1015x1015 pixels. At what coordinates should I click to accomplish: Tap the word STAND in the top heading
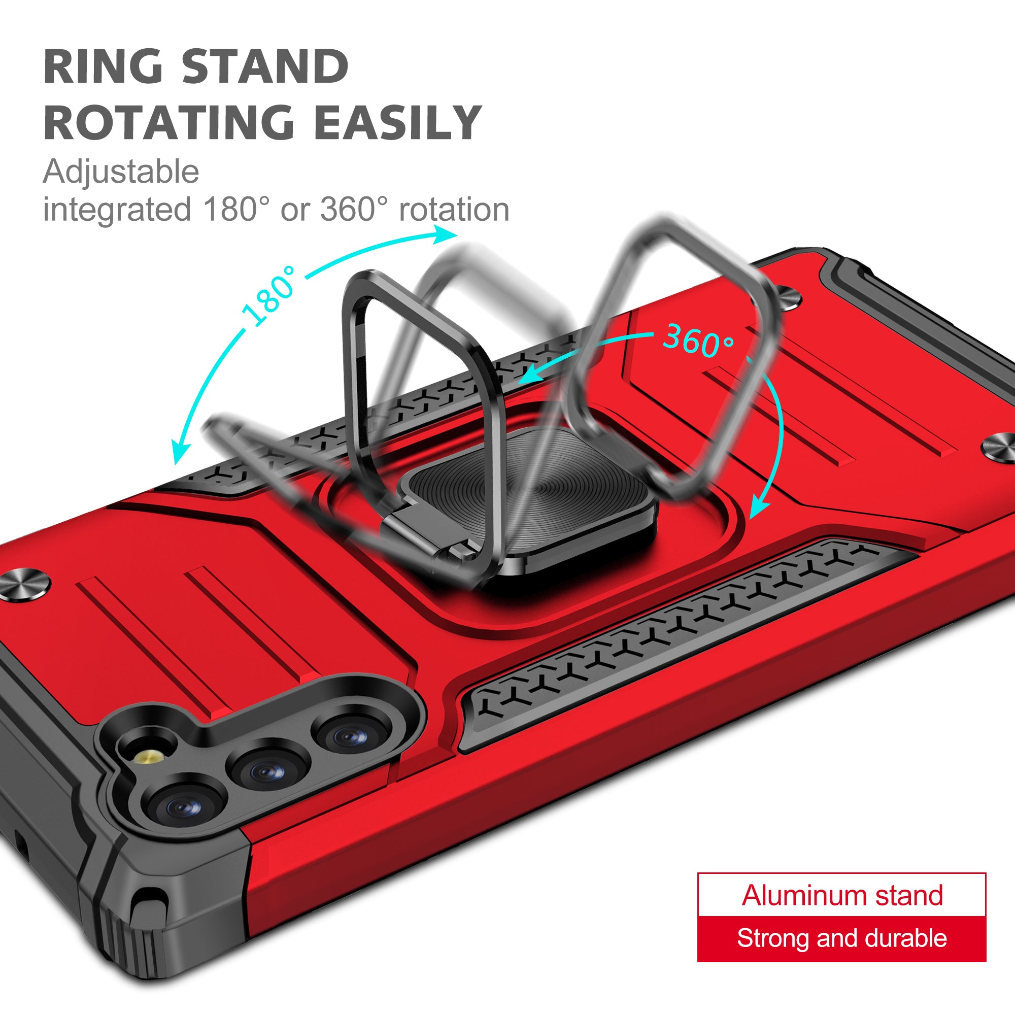click(x=265, y=66)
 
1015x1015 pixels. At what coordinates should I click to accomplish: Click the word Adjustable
click(x=121, y=172)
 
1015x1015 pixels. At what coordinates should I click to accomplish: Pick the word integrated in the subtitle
click(x=117, y=210)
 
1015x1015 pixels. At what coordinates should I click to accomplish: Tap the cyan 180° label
click(x=269, y=296)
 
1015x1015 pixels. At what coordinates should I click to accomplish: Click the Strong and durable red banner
click(x=841, y=939)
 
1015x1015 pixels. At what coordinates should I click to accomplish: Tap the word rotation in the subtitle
click(x=454, y=210)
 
